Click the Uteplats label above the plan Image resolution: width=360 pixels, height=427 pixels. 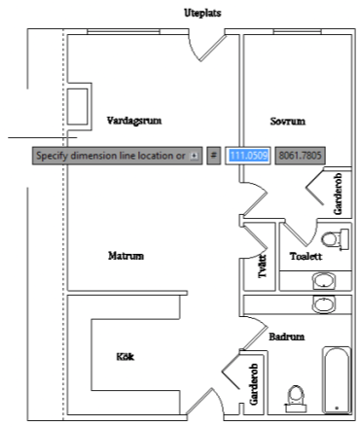click(202, 13)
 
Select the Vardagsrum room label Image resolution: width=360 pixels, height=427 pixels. click(134, 121)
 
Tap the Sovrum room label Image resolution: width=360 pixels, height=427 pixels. click(288, 122)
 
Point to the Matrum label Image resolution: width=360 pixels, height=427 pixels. click(126, 256)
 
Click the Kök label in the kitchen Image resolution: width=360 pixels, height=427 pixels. click(126, 357)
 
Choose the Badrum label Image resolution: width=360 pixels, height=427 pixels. click(287, 337)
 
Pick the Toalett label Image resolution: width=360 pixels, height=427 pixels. click(306, 256)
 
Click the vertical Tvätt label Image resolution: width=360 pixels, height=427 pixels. click(262, 266)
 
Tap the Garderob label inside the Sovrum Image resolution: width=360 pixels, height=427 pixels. click(338, 194)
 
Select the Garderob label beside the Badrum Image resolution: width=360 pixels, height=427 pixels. click(254, 384)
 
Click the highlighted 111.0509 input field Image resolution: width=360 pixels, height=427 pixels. click(248, 156)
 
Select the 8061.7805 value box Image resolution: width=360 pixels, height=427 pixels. click(300, 156)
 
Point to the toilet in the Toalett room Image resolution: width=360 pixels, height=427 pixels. click(336, 239)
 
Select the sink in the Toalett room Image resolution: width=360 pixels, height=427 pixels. click(324, 281)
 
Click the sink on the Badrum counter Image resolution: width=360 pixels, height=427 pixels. click(324, 304)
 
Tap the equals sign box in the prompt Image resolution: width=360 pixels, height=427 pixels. click(213, 156)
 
